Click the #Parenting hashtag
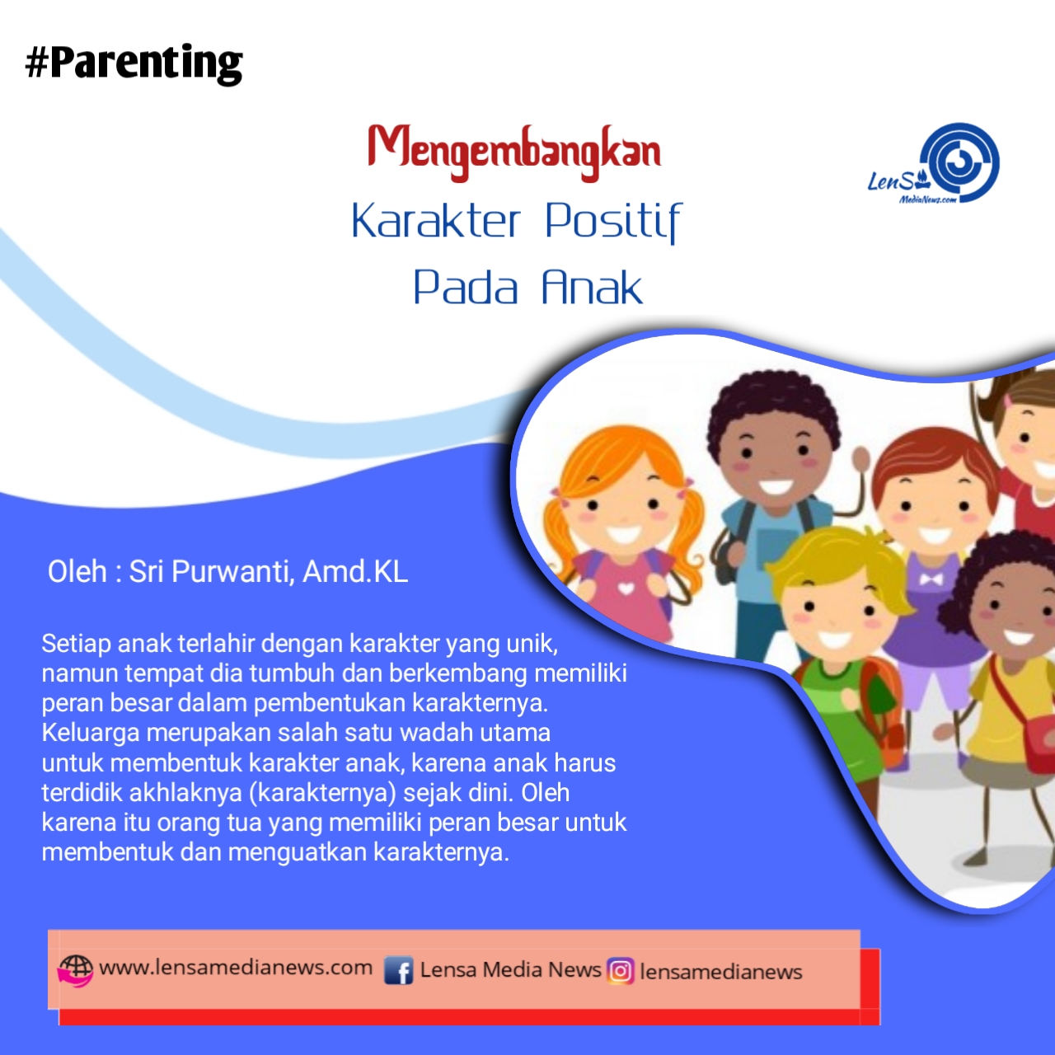[134, 63]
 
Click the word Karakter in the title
[435, 220]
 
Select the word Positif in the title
[613, 223]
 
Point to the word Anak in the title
[591, 286]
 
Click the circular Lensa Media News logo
[959, 162]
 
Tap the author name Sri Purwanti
[208, 572]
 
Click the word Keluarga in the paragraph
[91, 734]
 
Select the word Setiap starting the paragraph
[76, 645]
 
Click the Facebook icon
[398, 971]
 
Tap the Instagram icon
[621, 971]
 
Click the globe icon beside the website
[76, 971]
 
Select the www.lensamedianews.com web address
[236, 968]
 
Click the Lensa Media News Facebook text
[510, 969]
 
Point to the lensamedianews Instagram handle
[720, 972]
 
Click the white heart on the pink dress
[626, 589]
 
